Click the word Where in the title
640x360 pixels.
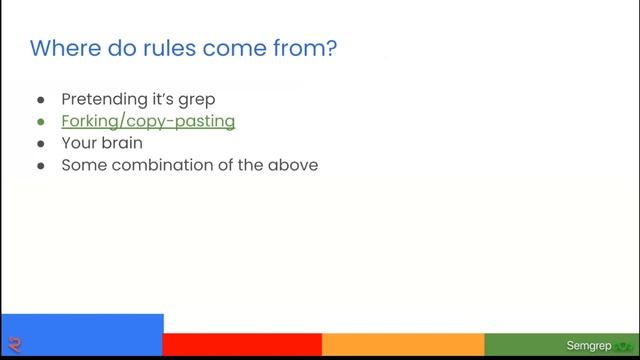coord(62,47)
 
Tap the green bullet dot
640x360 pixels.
coord(41,122)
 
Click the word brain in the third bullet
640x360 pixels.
coord(121,143)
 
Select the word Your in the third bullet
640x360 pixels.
coord(78,143)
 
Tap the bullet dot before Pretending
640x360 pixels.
coord(41,100)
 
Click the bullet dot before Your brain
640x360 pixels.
coord(41,144)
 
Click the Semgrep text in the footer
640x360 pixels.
coord(588,346)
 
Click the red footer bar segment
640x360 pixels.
coord(242,345)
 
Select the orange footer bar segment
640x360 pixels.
coord(403,345)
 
